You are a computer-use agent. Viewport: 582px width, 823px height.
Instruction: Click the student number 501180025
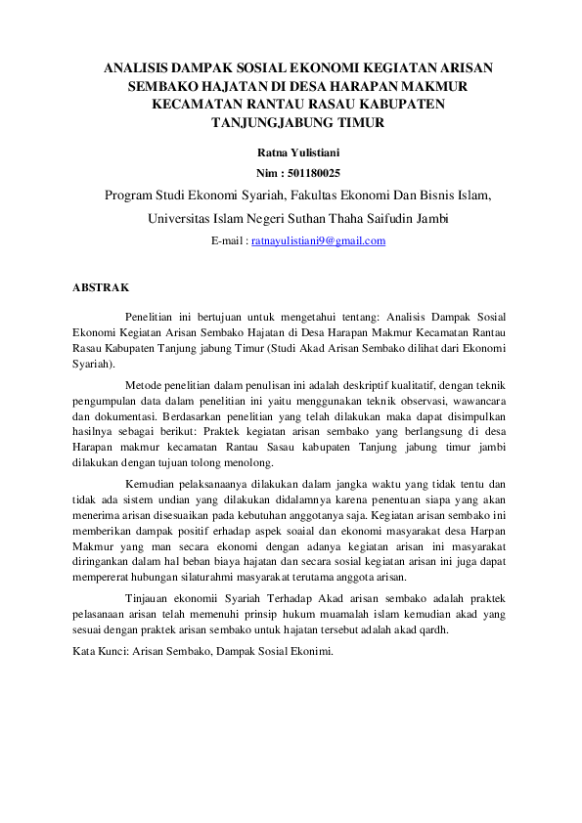pos(311,172)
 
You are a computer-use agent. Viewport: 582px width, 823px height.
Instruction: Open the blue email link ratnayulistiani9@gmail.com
pos(318,240)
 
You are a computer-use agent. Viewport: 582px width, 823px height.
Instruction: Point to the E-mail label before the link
pos(228,240)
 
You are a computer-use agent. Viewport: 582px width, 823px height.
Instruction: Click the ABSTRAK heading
pos(100,287)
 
